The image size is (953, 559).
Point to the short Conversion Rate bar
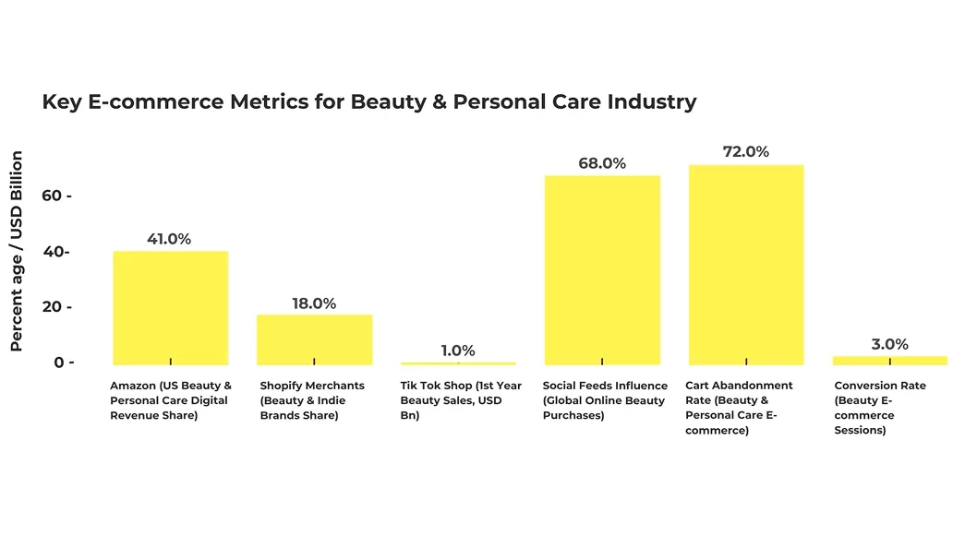[889, 360]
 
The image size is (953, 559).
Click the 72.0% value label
[746, 151]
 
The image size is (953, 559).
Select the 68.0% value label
[602, 163]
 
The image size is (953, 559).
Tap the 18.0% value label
[314, 303]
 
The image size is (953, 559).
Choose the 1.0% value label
[458, 351]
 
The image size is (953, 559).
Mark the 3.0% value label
[889, 344]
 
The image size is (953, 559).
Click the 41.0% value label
[169, 239]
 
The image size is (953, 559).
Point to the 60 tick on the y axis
[56, 196]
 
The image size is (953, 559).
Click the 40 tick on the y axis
[56, 252]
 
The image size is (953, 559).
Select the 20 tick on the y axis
[56, 306]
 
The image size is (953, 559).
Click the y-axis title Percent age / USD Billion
[17, 251]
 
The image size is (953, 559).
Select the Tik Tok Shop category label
[461, 400]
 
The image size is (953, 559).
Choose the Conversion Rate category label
[879, 408]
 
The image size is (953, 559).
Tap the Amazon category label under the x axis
[171, 400]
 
